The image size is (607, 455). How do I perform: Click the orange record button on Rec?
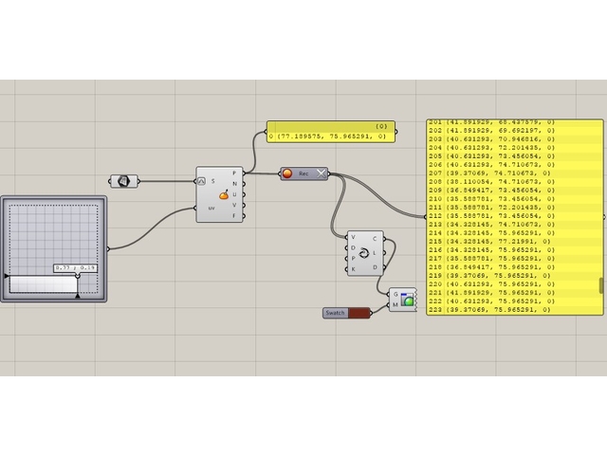tap(287, 173)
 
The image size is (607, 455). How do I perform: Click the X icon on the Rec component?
tap(321, 173)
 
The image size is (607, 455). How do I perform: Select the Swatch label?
tap(336, 313)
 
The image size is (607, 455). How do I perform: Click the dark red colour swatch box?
tap(359, 313)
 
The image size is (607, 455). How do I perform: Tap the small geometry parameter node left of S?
tap(123, 180)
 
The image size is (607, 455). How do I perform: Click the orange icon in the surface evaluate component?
tap(224, 195)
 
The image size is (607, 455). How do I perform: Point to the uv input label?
tap(211, 208)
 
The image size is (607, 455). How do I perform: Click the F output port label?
tap(234, 216)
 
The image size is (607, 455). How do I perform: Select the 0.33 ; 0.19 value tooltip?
tap(77, 269)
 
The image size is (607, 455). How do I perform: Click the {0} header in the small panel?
tap(381, 126)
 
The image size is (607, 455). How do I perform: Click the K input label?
tap(354, 270)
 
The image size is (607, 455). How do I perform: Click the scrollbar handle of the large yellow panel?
tap(601, 285)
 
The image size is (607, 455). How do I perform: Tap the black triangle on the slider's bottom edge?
tap(77, 296)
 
